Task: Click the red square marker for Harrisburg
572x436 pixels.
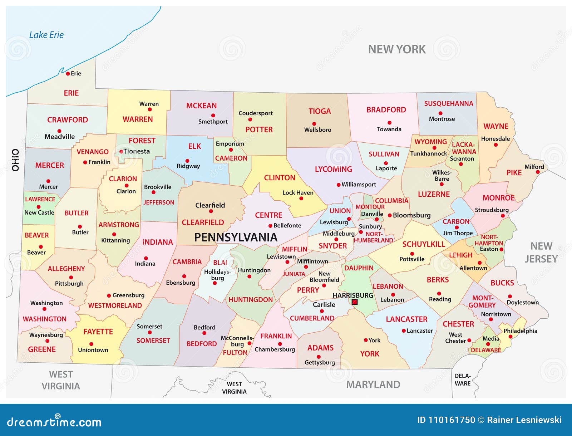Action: coord(355,302)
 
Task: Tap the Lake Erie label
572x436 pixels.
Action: coord(46,35)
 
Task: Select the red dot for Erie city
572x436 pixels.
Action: coord(68,74)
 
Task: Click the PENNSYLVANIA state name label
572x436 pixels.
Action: coord(236,237)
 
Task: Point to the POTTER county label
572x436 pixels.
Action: coord(259,129)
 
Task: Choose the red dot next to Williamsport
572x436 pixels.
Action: coord(338,185)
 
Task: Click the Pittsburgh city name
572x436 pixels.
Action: coord(69,284)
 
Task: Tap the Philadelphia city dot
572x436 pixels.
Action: coord(511,337)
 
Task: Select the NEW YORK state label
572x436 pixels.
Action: coord(397,49)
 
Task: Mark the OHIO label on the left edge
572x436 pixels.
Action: coord(15,160)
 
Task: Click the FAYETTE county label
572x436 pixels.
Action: coord(98,332)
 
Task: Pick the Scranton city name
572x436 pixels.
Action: coord(462,158)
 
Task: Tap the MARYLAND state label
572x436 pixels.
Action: coord(373,384)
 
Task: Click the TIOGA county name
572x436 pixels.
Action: coord(320,111)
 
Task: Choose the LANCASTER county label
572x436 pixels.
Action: coord(406,319)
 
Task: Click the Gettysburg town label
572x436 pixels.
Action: coord(320,362)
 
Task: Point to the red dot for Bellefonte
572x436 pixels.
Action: coord(270,226)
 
